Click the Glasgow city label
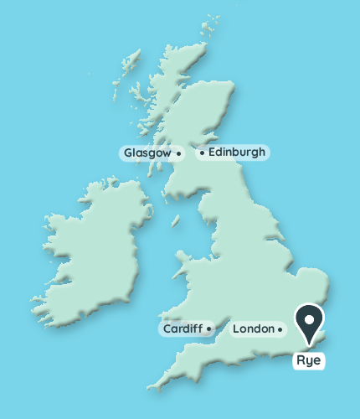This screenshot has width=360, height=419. click(147, 153)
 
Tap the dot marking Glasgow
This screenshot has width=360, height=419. click(179, 153)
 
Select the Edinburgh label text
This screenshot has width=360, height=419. click(237, 153)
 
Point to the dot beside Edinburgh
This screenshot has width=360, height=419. click(202, 153)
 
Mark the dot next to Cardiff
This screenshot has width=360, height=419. click(208, 329)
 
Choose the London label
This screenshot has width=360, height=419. click(253, 329)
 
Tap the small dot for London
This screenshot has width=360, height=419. click(280, 329)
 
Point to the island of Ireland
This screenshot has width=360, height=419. click(92, 251)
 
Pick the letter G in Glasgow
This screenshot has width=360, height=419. click(128, 153)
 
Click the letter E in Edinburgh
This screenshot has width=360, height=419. click(211, 153)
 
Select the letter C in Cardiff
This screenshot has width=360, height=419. click(167, 329)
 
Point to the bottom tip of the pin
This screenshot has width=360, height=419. click(311, 344)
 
